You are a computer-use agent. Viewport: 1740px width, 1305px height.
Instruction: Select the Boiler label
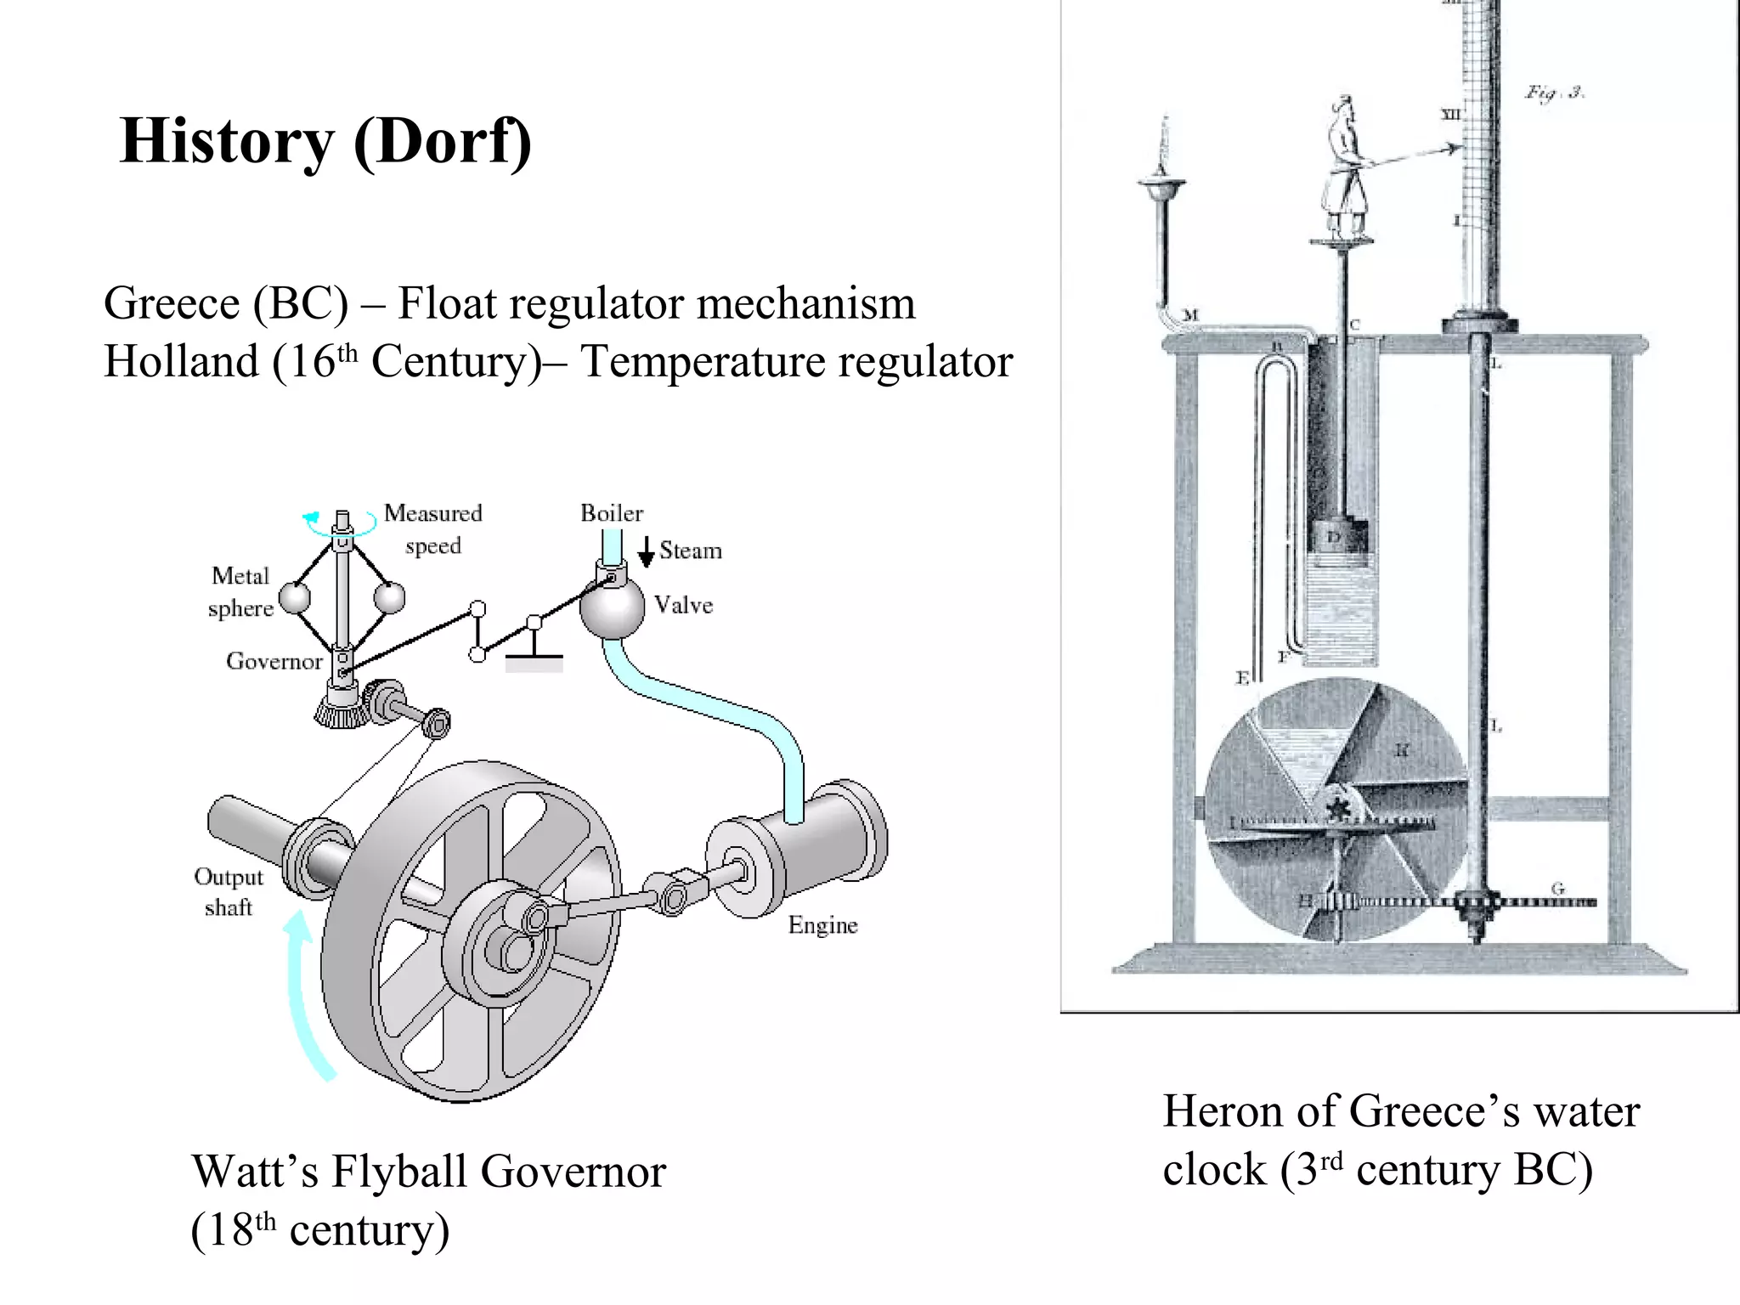pyautogui.click(x=611, y=513)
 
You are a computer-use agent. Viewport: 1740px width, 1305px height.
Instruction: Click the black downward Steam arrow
pyautogui.click(x=646, y=552)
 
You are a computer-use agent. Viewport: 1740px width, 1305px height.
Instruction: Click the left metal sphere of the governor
pyautogui.click(x=295, y=597)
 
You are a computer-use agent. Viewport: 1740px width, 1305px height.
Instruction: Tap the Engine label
pyautogui.click(x=822, y=925)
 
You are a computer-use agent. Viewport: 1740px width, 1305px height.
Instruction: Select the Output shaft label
pyautogui.click(x=229, y=892)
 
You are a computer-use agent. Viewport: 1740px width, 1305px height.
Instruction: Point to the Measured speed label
pyautogui.click(x=432, y=528)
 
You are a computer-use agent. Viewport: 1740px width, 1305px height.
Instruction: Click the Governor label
pyautogui.click(x=274, y=661)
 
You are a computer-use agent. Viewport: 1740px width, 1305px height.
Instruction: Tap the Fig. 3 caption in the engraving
pyautogui.click(x=1554, y=93)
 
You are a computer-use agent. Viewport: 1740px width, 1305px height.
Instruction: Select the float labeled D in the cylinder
pyautogui.click(x=1335, y=537)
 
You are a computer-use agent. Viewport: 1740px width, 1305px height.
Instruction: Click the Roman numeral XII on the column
pyautogui.click(x=1451, y=114)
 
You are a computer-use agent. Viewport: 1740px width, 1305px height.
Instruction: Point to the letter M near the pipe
pyautogui.click(x=1190, y=315)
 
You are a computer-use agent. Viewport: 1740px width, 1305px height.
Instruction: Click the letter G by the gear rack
pyautogui.click(x=1557, y=889)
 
